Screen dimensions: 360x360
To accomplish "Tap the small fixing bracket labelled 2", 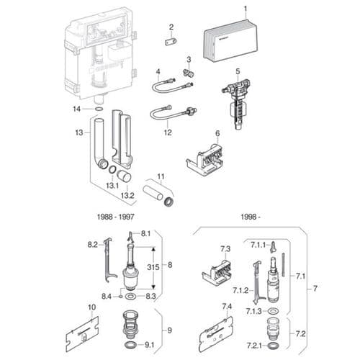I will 171,42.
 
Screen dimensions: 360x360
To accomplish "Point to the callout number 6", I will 217,132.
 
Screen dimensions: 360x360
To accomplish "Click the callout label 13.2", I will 127,195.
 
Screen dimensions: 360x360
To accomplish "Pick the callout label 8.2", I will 92,245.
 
